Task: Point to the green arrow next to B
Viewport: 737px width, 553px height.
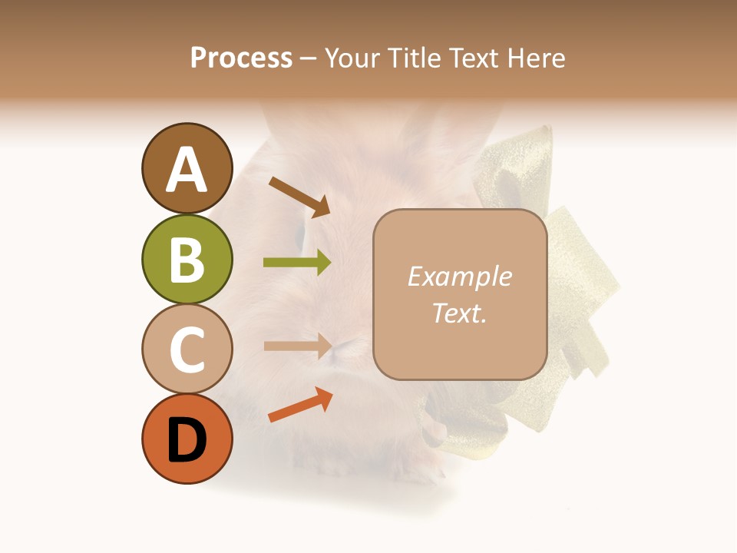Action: [x=298, y=263]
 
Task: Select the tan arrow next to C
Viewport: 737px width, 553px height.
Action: [x=298, y=346]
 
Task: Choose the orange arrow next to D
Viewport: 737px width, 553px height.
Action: [x=300, y=406]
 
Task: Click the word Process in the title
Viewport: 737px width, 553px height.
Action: [x=241, y=58]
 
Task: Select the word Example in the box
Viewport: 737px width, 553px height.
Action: [x=459, y=276]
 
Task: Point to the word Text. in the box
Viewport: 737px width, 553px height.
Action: [x=459, y=313]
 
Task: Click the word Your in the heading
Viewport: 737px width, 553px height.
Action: [x=352, y=58]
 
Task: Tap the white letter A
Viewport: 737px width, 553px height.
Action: [x=187, y=170]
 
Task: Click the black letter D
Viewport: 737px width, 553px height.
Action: [x=187, y=440]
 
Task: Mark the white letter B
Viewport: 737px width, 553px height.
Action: [x=187, y=260]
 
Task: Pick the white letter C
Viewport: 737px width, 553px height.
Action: [x=187, y=349]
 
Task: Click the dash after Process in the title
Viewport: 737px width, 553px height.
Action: [x=308, y=59]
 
